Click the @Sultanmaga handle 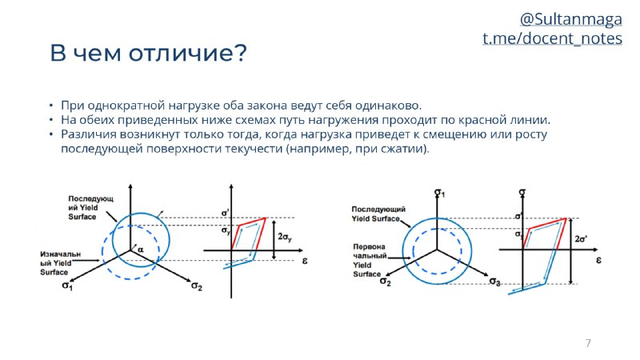pyautogui.click(x=570, y=19)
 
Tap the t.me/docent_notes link pyautogui.click(x=552, y=38)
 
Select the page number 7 pyautogui.click(x=588, y=343)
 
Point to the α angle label pyautogui.click(x=141, y=249)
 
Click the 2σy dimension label pyautogui.click(x=285, y=237)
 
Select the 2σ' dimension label pyautogui.click(x=581, y=238)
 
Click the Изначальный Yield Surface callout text pyautogui.click(x=60, y=263)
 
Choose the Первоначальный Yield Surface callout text pyautogui.click(x=370, y=261)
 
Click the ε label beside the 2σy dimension pyautogui.click(x=305, y=261)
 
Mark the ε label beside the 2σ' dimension pyautogui.click(x=598, y=260)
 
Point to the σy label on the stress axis pyautogui.click(x=226, y=230)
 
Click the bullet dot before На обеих pyautogui.click(x=51, y=120)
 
